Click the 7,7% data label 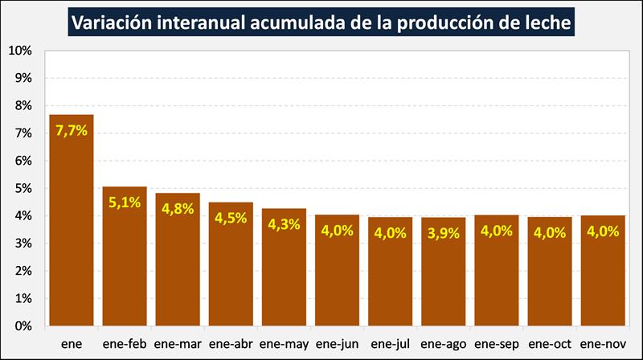[x=72, y=130]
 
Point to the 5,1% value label [x=125, y=202]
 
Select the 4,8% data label [x=178, y=209]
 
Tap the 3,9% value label [x=444, y=233]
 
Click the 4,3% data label [x=284, y=224]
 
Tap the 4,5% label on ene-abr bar [x=231, y=218]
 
